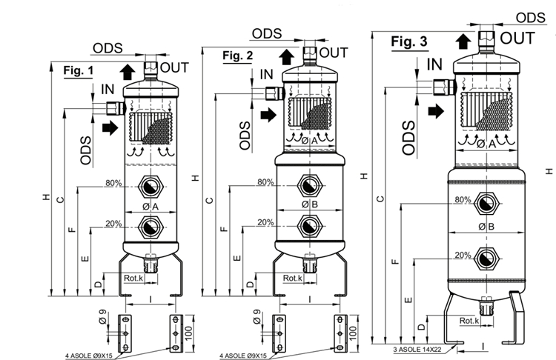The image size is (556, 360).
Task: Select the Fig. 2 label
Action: [x=238, y=56]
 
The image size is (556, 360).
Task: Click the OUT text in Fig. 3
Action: [x=517, y=37]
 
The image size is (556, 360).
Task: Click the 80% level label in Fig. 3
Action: [x=463, y=200]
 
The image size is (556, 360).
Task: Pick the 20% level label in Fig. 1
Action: [x=113, y=223]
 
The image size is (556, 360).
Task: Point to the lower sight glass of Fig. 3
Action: [x=487, y=257]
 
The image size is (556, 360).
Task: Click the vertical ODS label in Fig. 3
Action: [x=408, y=137]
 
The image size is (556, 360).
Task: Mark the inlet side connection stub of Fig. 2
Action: [x=279, y=92]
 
